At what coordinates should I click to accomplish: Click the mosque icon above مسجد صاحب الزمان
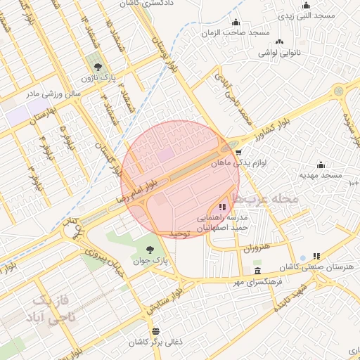pos(236,22)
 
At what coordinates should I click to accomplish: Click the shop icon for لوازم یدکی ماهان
pos(238,151)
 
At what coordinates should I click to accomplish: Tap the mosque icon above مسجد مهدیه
pos(321,165)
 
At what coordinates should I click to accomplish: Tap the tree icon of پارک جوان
pos(149,250)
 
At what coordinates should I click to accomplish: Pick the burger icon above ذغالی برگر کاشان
pos(155,330)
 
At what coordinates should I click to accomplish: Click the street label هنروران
pos(255,250)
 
